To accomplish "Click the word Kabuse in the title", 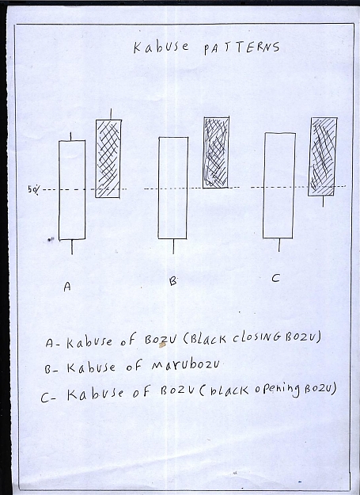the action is click(161, 48).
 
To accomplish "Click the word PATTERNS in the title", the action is click(242, 48).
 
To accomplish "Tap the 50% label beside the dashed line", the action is click(34, 190).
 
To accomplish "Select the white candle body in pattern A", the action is click(72, 190).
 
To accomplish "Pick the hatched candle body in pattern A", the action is click(108, 158).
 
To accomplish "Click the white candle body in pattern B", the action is click(172, 188).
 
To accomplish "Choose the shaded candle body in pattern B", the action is click(216, 153).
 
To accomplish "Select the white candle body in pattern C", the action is click(279, 185).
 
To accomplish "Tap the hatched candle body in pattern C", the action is click(323, 157).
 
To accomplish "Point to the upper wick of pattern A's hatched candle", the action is click(111, 114).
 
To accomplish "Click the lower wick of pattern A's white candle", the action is click(72, 247).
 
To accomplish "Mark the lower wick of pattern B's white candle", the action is click(173, 246).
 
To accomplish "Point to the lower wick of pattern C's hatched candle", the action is click(323, 201).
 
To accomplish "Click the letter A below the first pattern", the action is click(67, 287).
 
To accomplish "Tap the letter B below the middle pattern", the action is click(173, 280).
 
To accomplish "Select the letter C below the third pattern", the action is click(275, 278).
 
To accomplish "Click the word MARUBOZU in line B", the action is click(186, 366).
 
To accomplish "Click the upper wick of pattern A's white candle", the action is click(71, 136).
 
